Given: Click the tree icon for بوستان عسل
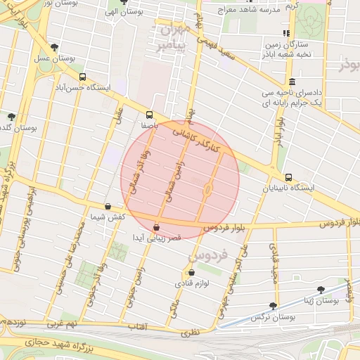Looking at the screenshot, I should pyautogui.click(x=55, y=48).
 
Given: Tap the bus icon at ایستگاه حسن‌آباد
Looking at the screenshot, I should pyautogui.click(x=83, y=77).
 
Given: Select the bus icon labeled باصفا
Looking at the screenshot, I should pyautogui.click(x=149, y=115).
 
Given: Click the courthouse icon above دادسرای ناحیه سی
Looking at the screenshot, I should pyautogui.click(x=292, y=82).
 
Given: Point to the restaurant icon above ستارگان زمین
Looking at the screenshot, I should pyautogui.click(x=285, y=34).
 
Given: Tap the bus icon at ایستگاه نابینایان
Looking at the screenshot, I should pyautogui.click(x=288, y=177).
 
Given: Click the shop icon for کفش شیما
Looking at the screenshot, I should pyautogui.click(x=108, y=207).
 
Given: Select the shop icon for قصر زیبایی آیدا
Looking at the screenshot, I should pyautogui.click(x=156, y=228).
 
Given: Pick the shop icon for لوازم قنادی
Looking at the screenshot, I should pyautogui.click(x=191, y=272).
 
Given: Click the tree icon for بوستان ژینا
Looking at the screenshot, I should pyautogui.click(x=321, y=289).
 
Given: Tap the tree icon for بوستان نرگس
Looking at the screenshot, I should pyautogui.click(x=273, y=306).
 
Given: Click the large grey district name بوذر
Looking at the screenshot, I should pyautogui.click(x=349, y=66).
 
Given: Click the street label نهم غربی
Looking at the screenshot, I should pyautogui.click(x=62, y=327).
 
